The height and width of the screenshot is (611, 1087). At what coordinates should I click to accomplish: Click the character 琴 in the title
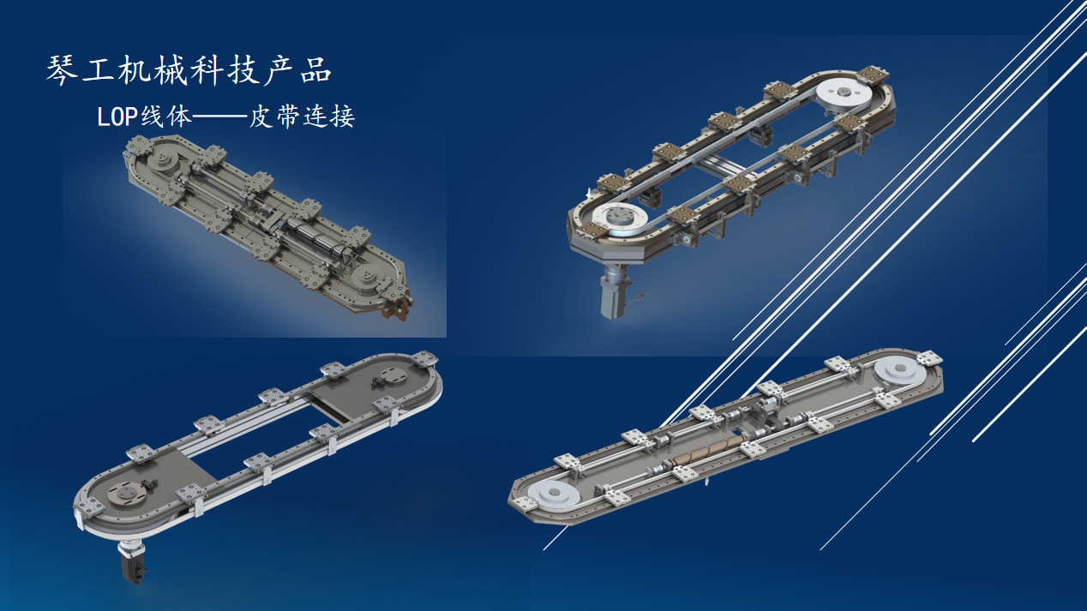click(62, 71)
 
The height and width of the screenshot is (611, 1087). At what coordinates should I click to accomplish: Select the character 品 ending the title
click(315, 71)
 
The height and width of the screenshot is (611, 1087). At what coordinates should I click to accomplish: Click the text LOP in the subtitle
click(118, 117)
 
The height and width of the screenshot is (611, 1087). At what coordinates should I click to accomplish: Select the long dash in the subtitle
click(219, 117)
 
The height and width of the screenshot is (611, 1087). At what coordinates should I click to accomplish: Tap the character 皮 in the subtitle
click(261, 117)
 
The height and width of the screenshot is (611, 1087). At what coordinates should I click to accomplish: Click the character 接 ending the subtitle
click(342, 117)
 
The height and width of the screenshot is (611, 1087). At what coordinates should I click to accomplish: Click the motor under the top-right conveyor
click(615, 291)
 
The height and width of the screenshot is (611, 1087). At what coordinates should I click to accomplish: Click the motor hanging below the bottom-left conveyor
click(133, 561)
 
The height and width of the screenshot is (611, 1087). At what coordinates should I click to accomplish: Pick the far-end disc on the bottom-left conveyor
click(393, 376)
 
